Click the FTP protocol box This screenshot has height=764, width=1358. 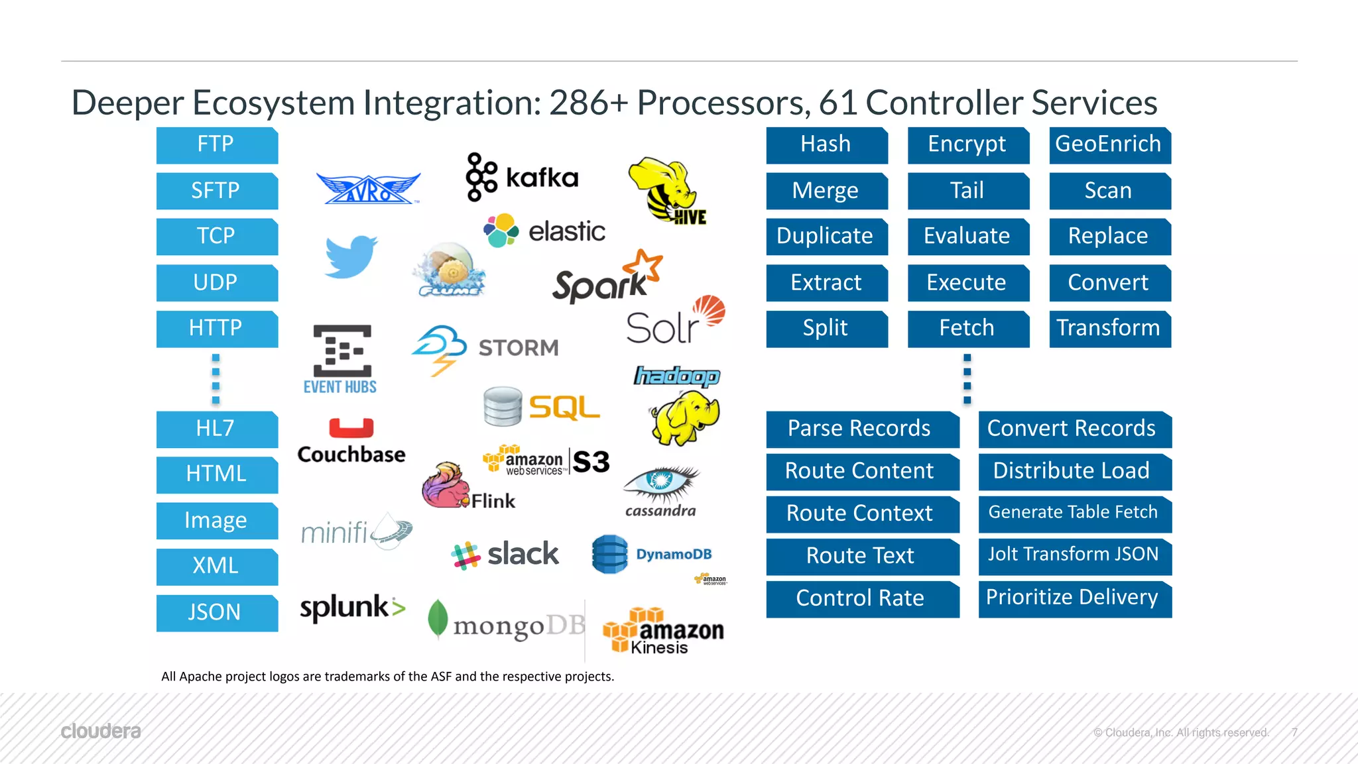217,144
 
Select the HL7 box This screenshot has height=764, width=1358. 217,429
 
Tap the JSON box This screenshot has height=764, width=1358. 217,612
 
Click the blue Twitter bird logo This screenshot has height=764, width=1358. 351,256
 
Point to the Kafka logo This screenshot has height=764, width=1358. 522,177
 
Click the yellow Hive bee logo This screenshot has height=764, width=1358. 667,190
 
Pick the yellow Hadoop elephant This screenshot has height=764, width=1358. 684,417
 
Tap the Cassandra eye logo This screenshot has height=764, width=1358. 660,484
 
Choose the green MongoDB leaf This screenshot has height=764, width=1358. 438,618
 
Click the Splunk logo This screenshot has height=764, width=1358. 352,607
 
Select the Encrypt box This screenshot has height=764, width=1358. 967,144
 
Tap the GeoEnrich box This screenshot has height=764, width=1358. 1109,144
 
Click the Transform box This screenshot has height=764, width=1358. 1109,328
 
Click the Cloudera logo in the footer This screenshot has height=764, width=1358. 101,732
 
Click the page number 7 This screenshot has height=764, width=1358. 1294,732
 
